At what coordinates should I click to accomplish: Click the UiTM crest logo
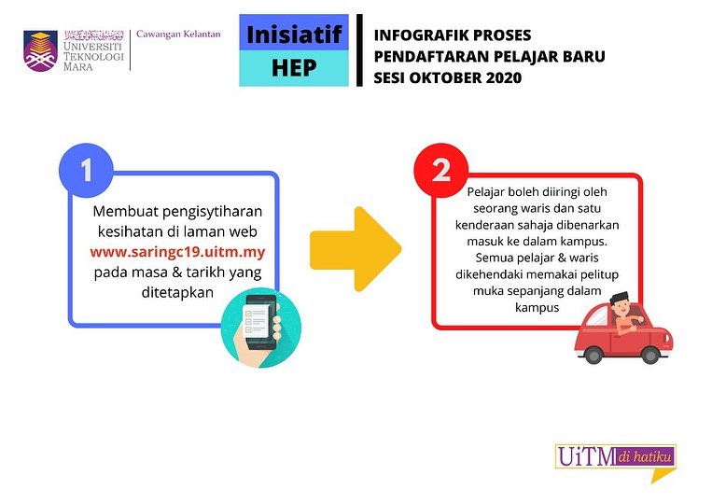40,50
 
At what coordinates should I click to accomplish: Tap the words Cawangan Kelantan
178,34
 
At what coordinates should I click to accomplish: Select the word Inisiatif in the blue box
294,35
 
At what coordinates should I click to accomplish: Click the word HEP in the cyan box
294,67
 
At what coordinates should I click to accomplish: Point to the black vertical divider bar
359,50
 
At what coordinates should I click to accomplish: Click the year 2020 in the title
504,77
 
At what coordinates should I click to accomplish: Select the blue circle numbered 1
86,170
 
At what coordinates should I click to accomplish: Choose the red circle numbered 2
440,170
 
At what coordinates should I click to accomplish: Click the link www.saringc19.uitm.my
177,252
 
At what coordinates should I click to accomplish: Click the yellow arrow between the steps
356,249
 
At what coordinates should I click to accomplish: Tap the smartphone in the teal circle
260,321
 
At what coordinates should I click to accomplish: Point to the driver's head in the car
620,303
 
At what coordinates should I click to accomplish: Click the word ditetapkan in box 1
177,292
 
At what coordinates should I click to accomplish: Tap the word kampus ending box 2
537,308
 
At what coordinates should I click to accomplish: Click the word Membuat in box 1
125,212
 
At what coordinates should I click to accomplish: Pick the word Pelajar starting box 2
485,192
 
